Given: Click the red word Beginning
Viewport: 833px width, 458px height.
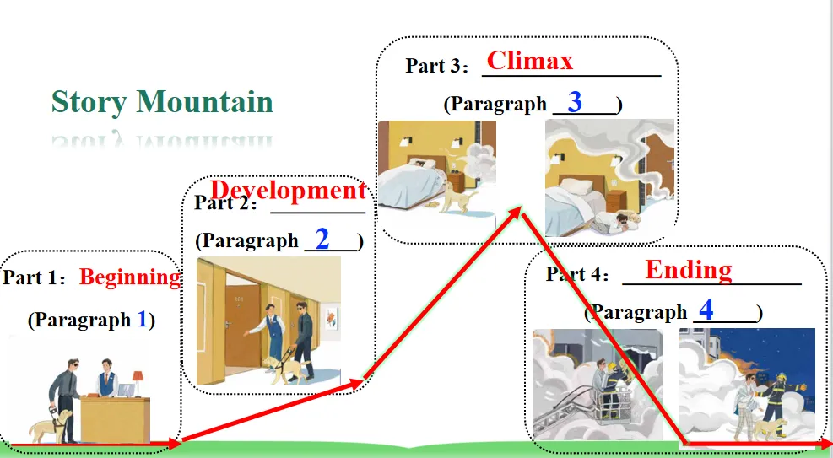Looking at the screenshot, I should click(x=130, y=277).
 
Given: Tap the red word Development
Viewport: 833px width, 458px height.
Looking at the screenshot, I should click(x=289, y=191).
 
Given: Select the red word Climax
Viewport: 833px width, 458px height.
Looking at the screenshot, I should click(x=530, y=61).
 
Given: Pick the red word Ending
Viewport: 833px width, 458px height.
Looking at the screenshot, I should click(x=688, y=270).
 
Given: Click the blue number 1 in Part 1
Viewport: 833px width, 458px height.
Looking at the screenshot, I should click(x=142, y=320).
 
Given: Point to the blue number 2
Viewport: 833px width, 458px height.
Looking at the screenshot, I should click(x=322, y=236).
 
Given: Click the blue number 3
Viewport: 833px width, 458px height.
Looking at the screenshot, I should click(x=575, y=102).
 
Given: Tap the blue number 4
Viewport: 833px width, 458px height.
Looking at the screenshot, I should click(x=706, y=310).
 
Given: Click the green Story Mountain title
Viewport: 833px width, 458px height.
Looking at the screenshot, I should click(x=162, y=102).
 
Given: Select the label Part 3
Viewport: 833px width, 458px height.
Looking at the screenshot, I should click(x=431, y=66).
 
